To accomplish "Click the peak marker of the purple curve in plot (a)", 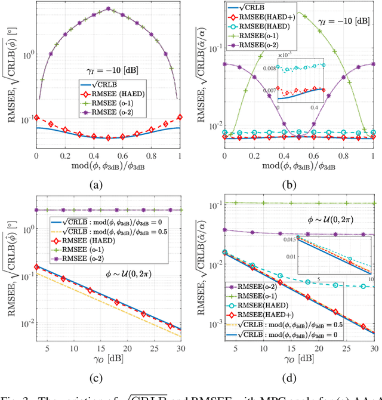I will pyautogui.click(x=107, y=9).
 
